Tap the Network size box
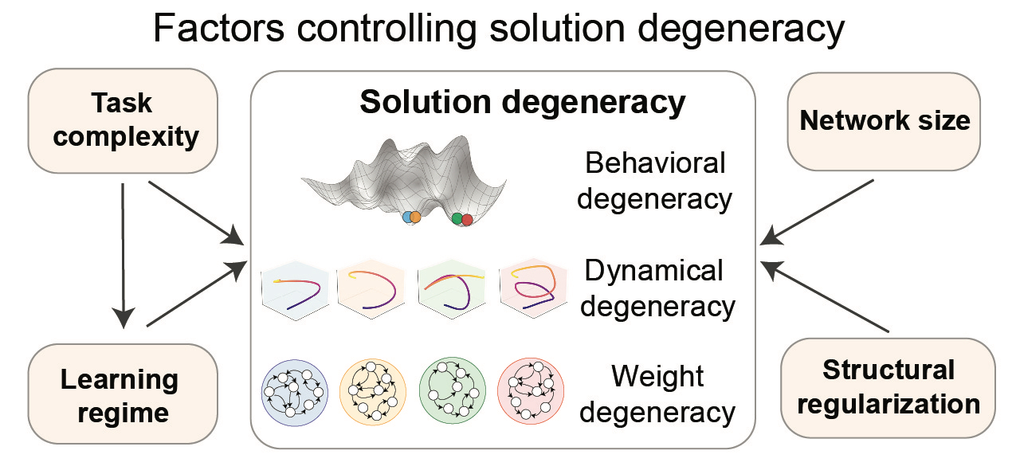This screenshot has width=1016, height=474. pos(885,120)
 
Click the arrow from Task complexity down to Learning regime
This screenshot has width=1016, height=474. pos(123,255)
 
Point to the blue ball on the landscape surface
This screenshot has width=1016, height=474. pos(407,217)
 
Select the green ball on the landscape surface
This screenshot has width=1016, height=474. pos(457,217)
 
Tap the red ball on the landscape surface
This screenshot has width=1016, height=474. pos(467,219)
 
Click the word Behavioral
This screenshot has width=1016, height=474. pos(655,163)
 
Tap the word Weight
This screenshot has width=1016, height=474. pos(654,376)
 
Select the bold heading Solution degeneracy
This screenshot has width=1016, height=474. pos(522,103)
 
